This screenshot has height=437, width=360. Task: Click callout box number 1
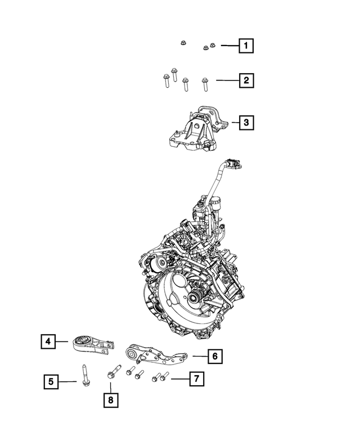245,45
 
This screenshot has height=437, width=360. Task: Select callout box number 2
245,82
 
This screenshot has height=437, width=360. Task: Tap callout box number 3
245,121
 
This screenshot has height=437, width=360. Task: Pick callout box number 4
49,341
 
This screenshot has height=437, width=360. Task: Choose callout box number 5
51,382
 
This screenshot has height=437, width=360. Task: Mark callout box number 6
214,355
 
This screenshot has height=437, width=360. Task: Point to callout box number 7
195,379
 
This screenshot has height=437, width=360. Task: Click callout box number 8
111,400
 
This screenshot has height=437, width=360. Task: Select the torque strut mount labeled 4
93,344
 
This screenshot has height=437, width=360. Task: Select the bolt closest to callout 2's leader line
205,84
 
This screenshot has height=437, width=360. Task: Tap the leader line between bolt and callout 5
69,382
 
